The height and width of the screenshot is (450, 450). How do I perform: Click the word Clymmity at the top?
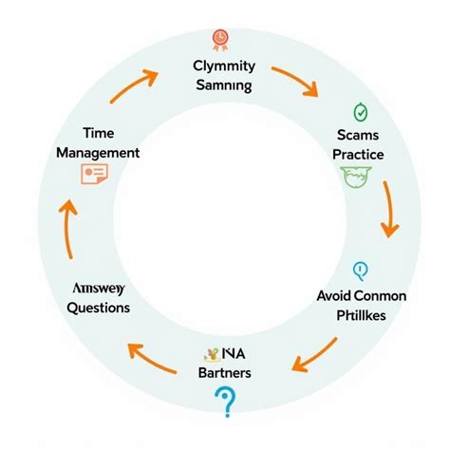[224, 66]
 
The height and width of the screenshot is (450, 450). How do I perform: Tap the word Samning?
[224, 86]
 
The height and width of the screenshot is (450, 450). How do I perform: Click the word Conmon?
[379, 296]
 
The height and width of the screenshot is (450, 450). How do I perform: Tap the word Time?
[98, 132]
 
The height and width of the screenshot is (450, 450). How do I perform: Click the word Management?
[98, 152]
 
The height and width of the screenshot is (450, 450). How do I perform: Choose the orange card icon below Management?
[94, 175]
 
